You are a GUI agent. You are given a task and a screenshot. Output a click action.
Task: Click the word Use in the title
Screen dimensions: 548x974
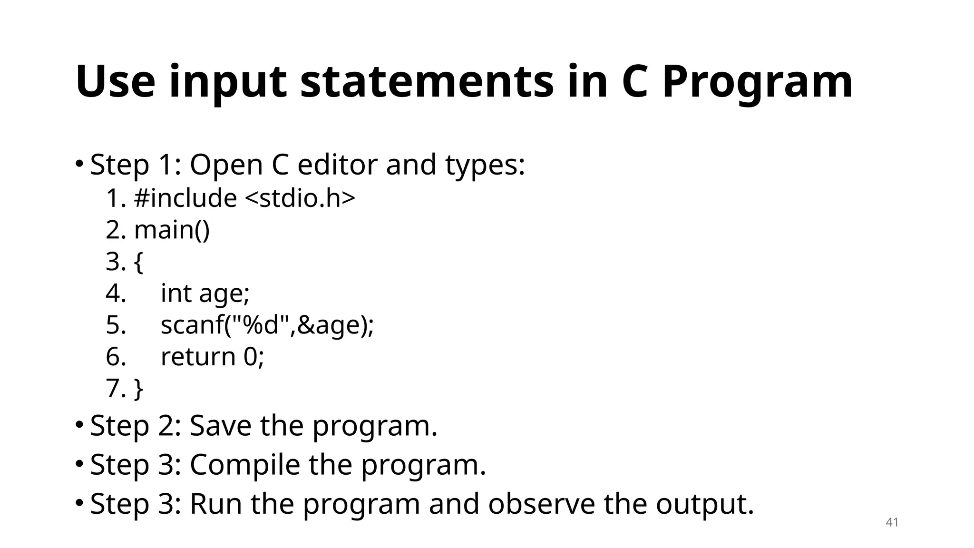115,82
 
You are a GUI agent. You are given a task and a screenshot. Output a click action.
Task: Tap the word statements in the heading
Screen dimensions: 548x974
427,82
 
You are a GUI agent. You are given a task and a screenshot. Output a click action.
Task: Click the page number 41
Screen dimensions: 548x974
892,522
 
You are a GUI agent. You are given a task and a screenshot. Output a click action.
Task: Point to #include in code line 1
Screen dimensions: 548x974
185,198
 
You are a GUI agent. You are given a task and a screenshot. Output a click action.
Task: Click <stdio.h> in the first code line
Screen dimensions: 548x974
300,198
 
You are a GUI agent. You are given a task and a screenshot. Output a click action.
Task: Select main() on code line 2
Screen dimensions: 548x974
172,230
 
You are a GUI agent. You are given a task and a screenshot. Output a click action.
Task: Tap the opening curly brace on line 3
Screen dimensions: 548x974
138,262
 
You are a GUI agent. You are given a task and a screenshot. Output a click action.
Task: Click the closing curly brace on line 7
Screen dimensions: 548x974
138,389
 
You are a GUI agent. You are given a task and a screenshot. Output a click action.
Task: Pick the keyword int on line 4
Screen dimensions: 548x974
175,293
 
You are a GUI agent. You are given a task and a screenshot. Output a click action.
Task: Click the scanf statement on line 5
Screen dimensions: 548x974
267,325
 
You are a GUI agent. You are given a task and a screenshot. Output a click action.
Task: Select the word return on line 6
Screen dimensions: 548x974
198,357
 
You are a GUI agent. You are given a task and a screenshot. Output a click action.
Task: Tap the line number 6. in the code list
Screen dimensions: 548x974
116,357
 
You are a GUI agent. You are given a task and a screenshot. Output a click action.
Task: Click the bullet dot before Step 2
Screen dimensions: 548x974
79,424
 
